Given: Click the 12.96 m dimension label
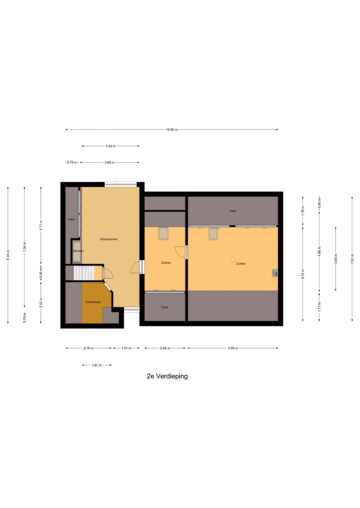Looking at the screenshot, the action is (x=172, y=130).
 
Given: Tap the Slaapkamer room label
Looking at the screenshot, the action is (x=109, y=239).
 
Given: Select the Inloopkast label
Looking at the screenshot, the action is (x=93, y=302).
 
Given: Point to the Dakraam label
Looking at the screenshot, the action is (x=78, y=251).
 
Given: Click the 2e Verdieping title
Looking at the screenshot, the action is (x=167, y=376).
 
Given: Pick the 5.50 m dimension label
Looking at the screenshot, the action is (x=233, y=348).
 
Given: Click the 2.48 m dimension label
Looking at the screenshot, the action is (x=165, y=348).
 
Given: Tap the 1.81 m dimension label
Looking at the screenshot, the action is (x=97, y=365).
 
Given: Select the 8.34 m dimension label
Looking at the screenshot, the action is (x=8, y=255).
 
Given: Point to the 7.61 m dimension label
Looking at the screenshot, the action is (x=352, y=259).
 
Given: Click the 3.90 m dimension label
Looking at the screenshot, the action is (x=336, y=259).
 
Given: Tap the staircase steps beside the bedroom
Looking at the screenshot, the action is (x=84, y=273).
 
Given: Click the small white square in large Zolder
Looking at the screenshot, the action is (x=233, y=260).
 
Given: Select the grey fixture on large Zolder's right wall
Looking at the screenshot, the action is (x=275, y=273).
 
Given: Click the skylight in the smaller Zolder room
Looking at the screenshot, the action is (x=163, y=233).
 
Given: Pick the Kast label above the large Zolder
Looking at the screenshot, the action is (x=233, y=211).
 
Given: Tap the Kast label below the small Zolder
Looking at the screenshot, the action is (x=165, y=307).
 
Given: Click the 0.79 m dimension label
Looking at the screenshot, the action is (x=72, y=162).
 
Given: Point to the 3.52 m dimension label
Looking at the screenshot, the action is (x=111, y=146).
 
